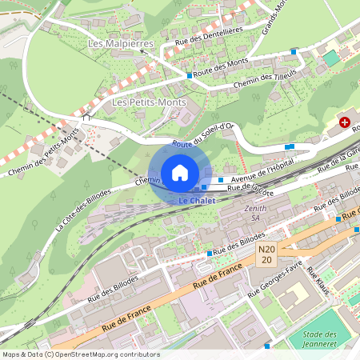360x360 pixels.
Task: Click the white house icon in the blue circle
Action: [x=180, y=172]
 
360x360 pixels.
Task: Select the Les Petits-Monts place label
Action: [x=149, y=102]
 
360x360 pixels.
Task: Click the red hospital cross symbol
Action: [x=345, y=122]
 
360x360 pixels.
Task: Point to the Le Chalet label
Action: [x=197, y=200]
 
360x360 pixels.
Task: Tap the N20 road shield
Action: [x=267, y=255]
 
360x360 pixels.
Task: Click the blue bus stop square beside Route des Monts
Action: [x=190, y=75]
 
